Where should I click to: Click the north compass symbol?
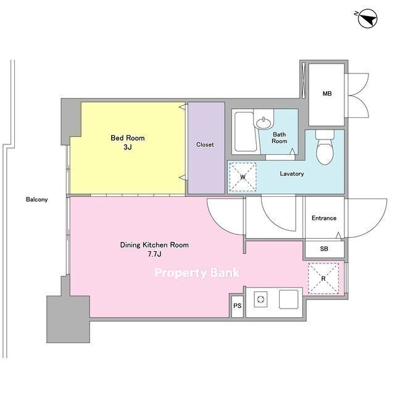(x=367, y=19)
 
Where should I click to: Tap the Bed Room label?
(x=128, y=138)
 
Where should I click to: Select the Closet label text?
(x=205, y=144)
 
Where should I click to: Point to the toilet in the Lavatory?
(x=325, y=147)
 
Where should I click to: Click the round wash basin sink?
(x=264, y=123)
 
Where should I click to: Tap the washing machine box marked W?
(x=243, y=177)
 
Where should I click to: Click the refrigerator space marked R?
(x=323, y=278)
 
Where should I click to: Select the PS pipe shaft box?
(x=237, y=306)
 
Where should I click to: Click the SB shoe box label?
(x=324, y=249)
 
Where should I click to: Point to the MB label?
(x=327, y=94)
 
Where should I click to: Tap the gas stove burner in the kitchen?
(x=260, y=299)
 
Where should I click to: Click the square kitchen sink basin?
(x=288, y=299)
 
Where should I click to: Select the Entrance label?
(x=324, y=218)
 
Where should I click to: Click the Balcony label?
(x=37, y=199)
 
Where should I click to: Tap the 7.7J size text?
(x=154, y=254)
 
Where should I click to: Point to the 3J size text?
(x=128, y=147)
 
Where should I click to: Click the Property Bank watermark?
(x=197, y=273)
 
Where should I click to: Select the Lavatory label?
(x=292, y=174)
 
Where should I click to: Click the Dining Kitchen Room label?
(x=154, y=245)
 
